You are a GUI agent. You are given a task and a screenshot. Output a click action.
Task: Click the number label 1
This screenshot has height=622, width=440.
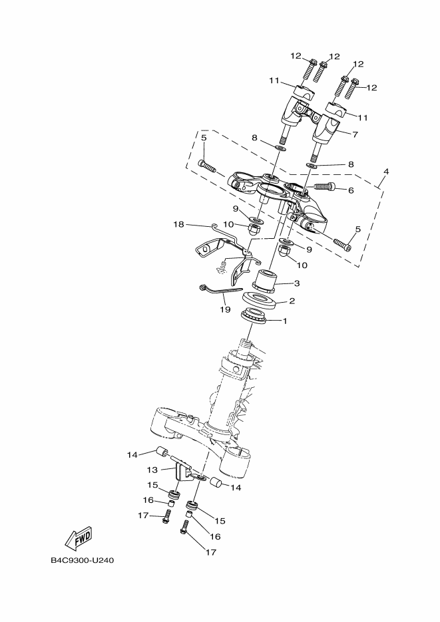[x=286, y=321]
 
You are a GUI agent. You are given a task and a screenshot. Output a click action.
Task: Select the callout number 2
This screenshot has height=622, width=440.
[x=291, y=301]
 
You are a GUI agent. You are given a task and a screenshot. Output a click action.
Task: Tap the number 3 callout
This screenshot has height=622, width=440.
[x=297, y=283]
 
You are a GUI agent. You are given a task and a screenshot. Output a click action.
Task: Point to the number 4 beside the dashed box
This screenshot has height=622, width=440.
[x=385, y=172]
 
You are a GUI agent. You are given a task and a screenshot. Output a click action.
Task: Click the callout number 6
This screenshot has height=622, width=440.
[x=351, y=190]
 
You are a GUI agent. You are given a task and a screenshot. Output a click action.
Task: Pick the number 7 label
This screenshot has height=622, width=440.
[x=355, y=134]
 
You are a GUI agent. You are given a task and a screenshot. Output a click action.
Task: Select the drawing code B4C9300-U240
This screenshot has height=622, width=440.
[x=83, y=559]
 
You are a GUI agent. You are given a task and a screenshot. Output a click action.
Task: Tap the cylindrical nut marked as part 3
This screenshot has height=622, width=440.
[x=270, y=280]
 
